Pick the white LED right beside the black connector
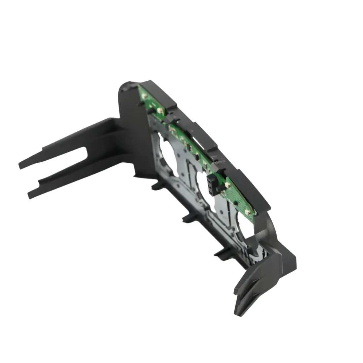click(x=226, y=185)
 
